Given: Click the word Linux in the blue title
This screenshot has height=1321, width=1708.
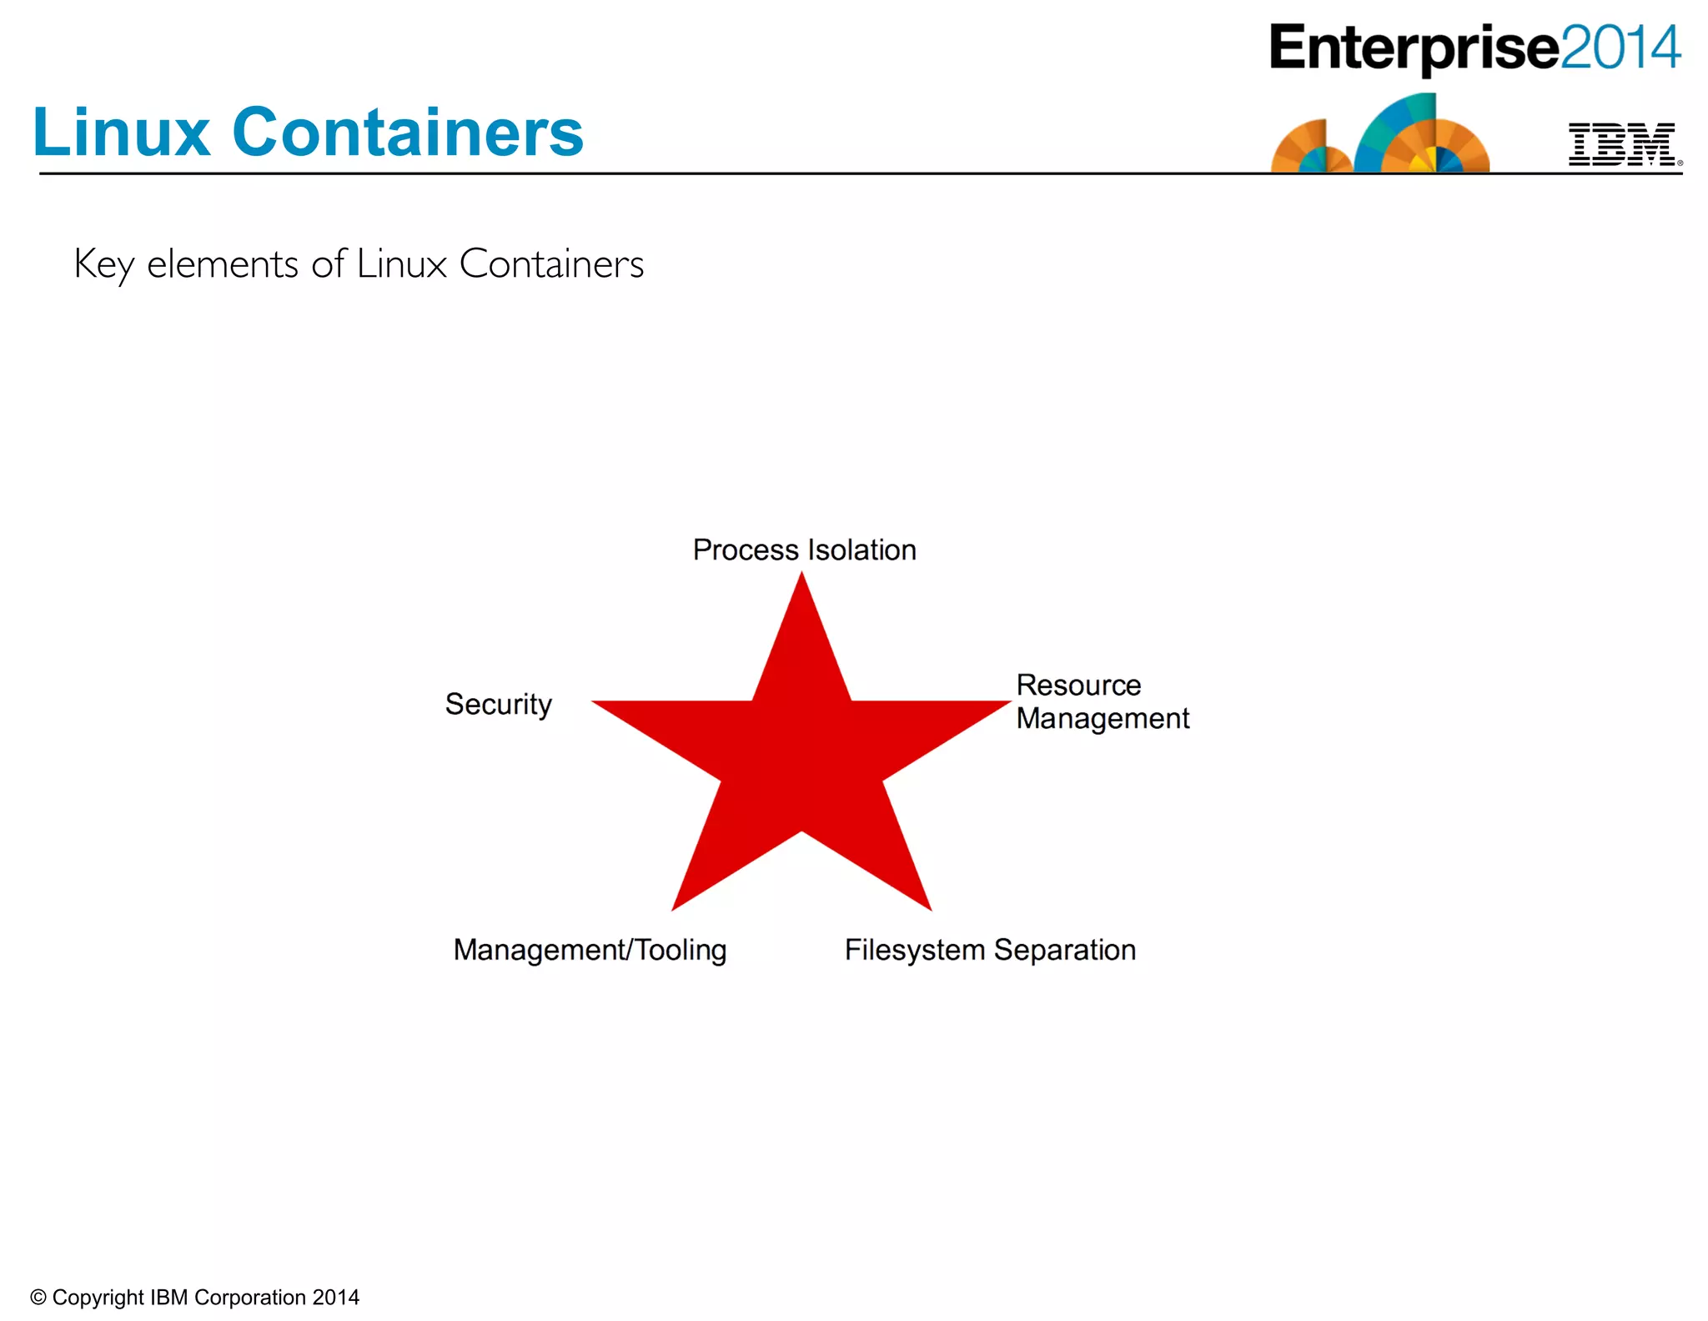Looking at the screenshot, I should click(x=121, y=133).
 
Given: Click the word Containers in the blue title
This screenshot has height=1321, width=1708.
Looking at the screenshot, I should click(x=408, y=133).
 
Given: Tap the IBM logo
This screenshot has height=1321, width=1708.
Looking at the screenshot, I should click(x=1622, y=145).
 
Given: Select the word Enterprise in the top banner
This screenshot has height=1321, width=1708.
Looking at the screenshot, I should click(x=1414, y=48).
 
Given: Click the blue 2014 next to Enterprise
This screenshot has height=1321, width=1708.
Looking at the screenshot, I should click(x=1620, y=48).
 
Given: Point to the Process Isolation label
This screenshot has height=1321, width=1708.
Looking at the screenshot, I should click(x=804, y=550).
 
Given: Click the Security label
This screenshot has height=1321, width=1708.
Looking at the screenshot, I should click(x=498, y=705).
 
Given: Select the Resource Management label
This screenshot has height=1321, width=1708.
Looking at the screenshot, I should click(x=1102, y=701).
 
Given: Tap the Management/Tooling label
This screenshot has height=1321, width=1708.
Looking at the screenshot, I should click(x=590, y=950).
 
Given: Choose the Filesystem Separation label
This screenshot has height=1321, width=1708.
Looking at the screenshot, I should click(x=990, y=950).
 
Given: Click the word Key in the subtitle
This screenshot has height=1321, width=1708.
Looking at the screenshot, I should click(x=103, y=265).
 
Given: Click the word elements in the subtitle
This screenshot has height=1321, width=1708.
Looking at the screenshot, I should click(x=223, y=264).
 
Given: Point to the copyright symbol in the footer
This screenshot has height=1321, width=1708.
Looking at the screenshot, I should click(x=38, y=1298).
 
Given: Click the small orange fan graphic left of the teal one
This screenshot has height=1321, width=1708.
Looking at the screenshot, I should click(x=1309, y=148).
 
